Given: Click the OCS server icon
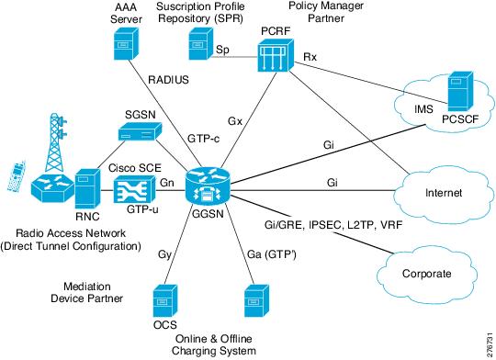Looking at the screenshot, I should tap(164, 302).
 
